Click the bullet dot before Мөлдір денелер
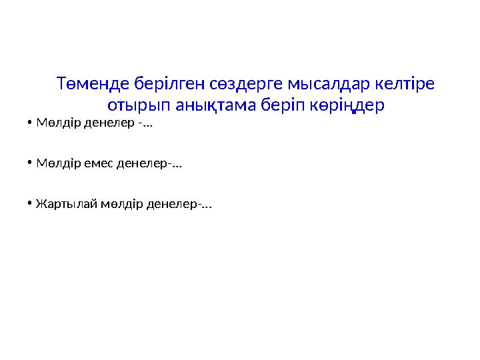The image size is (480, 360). tap(31, 123)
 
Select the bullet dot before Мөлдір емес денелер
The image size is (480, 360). tap(31, 163)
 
